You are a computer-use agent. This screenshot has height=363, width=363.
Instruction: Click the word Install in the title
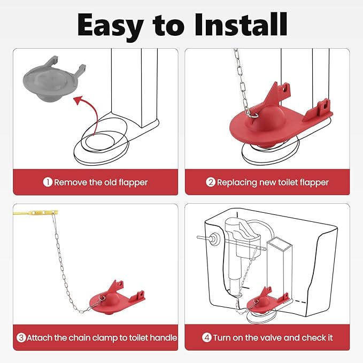pos(241,25)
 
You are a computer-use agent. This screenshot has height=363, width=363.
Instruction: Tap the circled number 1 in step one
pos(48,182)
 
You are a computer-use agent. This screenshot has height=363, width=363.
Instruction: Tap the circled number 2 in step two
pos(211,182)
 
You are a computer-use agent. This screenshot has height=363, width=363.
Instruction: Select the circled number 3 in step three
pos(21,337)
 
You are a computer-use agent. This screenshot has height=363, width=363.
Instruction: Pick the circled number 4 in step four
pos(207,337)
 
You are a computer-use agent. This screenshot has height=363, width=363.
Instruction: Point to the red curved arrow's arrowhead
pos(78,100)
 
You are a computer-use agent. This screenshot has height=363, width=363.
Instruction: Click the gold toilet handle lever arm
pos(35,212)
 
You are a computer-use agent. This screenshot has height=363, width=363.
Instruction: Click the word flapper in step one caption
pos(133,183)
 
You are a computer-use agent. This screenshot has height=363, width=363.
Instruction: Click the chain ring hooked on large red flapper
pos(253,114)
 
